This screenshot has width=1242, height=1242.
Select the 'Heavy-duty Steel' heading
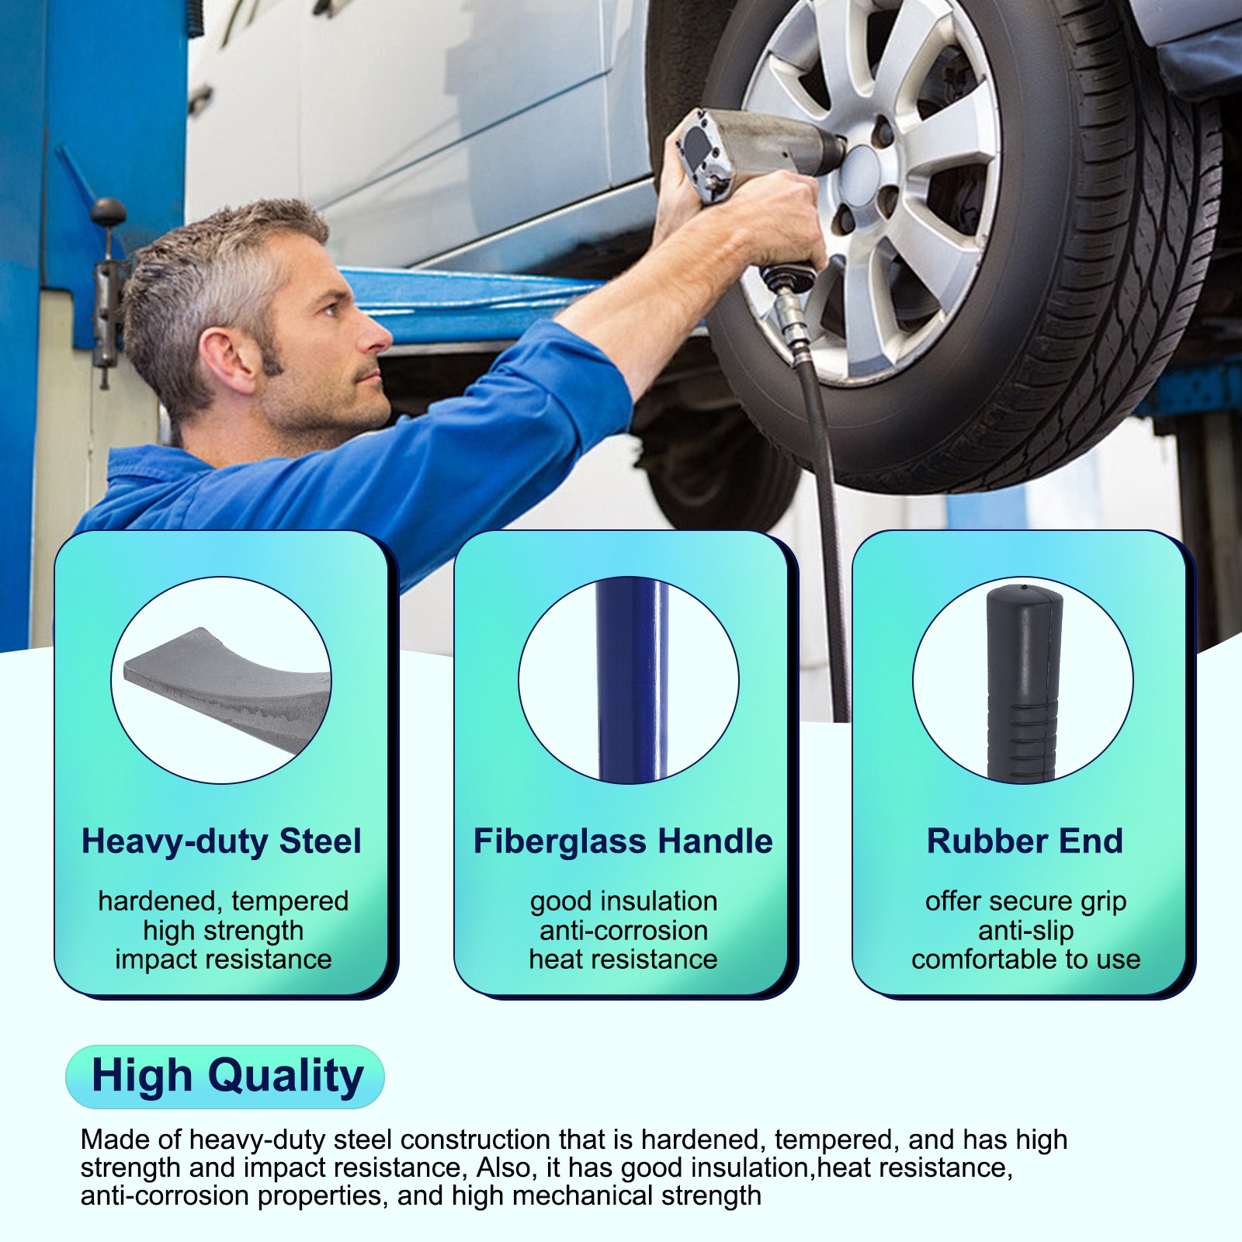coord(221,841)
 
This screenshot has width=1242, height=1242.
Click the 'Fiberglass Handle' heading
coord(623,841)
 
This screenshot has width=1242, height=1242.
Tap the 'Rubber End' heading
coord(1025,841)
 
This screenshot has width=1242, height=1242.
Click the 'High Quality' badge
coord(226,1077)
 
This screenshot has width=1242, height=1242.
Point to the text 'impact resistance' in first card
coord(223,959)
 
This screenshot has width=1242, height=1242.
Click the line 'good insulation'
coord(623,901)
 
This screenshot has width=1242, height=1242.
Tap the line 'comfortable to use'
coord(1025,959)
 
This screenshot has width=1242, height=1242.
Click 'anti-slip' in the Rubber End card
coord(1025,930)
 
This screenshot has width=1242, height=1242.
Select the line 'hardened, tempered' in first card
coord(223,901)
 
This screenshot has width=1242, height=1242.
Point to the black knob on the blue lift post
coord(108,210)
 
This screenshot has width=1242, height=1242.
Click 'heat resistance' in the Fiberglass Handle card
coord(623,959)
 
